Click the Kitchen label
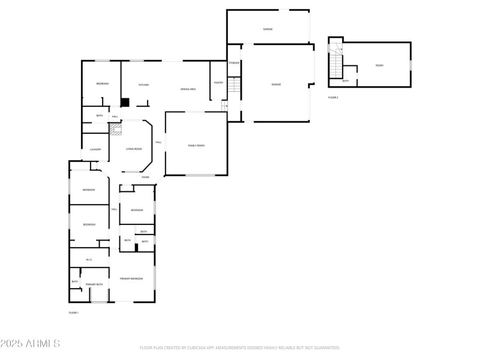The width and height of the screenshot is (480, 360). pos(144,85)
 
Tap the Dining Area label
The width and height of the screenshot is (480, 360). pos(188,89)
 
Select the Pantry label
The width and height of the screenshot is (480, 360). pos(218,83)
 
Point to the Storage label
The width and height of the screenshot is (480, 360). pos(234,63)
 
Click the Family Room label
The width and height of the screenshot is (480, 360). pos(196,145)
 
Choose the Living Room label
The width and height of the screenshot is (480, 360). pos(134,148)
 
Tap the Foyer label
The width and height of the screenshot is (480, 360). pos(145,177)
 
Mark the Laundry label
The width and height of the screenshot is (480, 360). pos(95,149)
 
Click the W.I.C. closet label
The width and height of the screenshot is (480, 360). pos(89,260)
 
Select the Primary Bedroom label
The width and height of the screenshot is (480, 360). pos(131,278)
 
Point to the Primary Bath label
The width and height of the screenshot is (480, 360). pos(94,284)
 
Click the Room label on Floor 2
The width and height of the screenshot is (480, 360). pos(379,65)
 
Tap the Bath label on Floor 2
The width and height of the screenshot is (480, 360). pos(346,81)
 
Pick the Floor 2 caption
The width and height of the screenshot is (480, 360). pos(333,97)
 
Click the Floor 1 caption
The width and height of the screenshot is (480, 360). pos(74,313)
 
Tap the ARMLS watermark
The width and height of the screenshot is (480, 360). pos(30,344)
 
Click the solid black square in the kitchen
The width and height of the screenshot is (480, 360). pos(125,102)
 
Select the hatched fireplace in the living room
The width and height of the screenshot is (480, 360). pos(115,128)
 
